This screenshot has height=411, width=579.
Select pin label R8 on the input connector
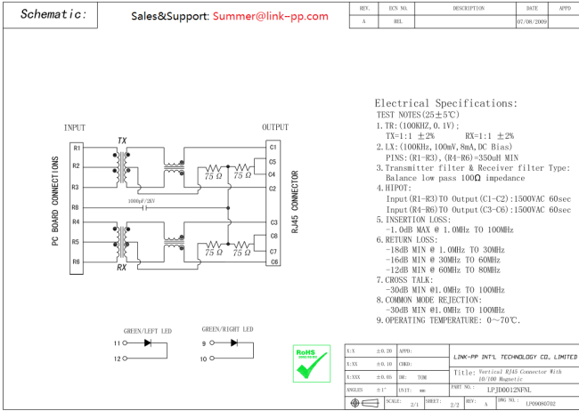(77, 206)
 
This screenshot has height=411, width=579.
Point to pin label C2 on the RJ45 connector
(273, 189)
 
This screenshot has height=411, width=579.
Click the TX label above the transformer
(122, 141)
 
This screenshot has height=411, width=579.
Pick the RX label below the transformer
(122, 267)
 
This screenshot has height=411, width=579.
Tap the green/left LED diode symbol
(148, 342)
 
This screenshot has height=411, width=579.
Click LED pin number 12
(116, 359)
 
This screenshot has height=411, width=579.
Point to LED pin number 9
(204, 342)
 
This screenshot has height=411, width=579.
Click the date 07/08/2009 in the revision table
(532, 20)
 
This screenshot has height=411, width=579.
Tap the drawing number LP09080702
(542, 403)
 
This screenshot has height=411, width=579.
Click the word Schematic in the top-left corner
(53, 14)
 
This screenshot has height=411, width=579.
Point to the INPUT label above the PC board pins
(76, 128)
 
